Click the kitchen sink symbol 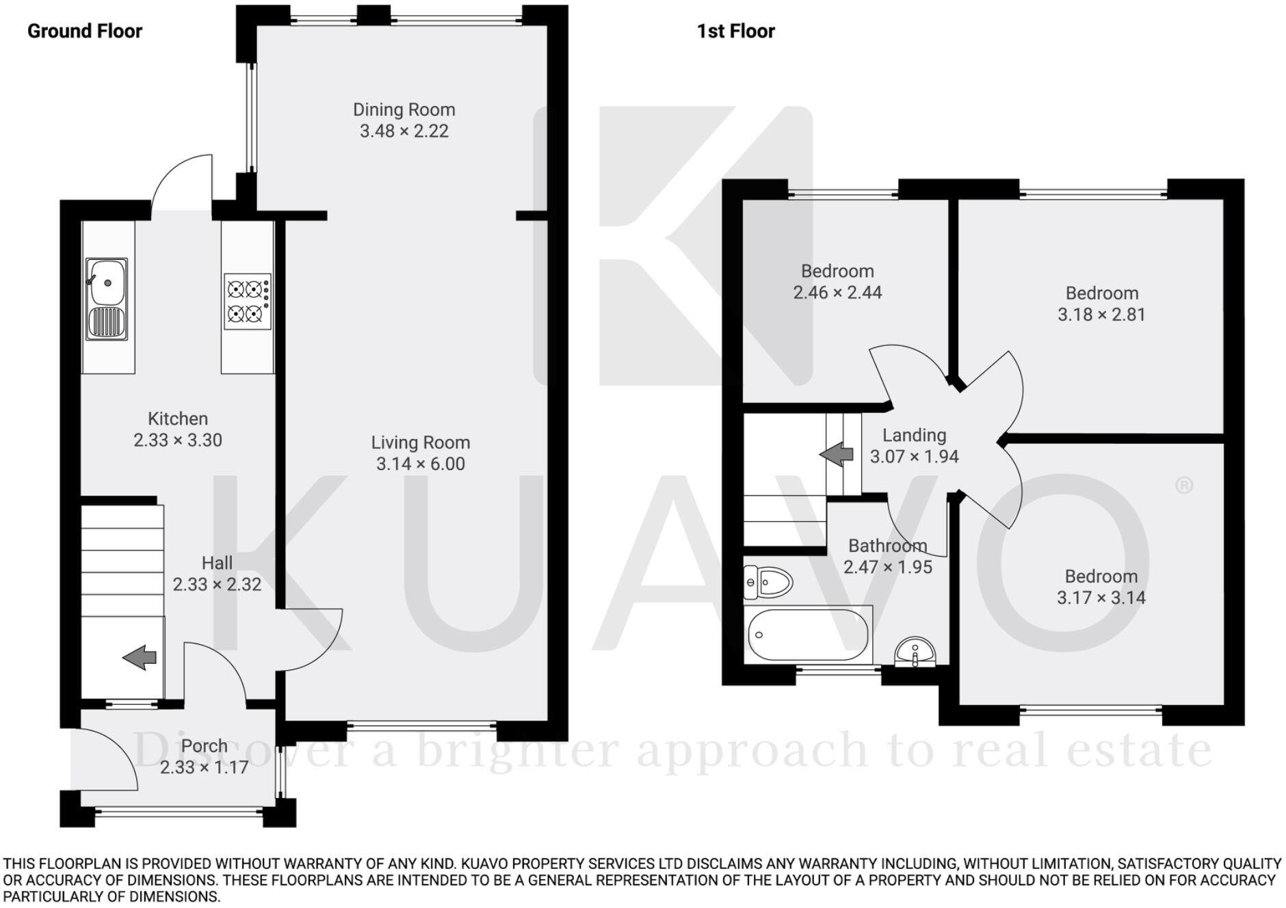(x=107, y=298)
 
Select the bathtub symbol (x=808, y=635)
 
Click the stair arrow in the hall (x=140, y=657)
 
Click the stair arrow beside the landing (x=836, y=454)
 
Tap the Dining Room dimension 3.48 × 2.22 (x=404, y=131)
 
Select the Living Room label (x=420, y=442)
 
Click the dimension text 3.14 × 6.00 (x=420, y=464)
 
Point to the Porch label (x=204, y=746)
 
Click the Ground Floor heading (x=85, y=31)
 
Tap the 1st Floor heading (x=735, y=31)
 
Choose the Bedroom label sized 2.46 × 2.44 (x=837, y=271)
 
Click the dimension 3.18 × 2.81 (x=1101, y=315)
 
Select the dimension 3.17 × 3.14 (x=1101, y=598)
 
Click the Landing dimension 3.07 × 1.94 (x=914, y=457)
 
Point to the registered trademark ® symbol (x=1183, y=485)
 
